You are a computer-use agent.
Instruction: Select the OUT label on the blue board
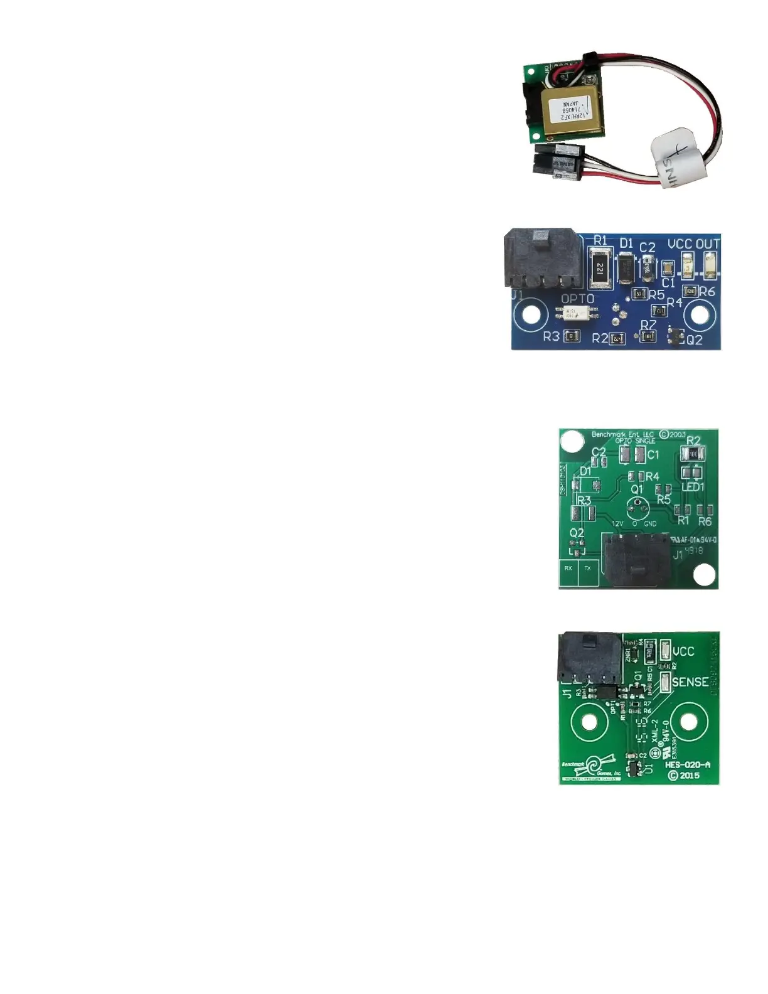707,243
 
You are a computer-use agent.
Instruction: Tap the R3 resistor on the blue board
571,337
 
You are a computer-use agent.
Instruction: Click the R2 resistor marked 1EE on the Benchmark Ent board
693,453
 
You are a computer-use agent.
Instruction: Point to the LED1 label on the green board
693,487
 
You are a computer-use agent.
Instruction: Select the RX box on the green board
568,568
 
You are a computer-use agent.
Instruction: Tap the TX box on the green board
588,568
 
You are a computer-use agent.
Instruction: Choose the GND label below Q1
650,523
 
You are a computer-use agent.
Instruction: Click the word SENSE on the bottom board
690,681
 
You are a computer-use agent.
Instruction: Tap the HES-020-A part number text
687,765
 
